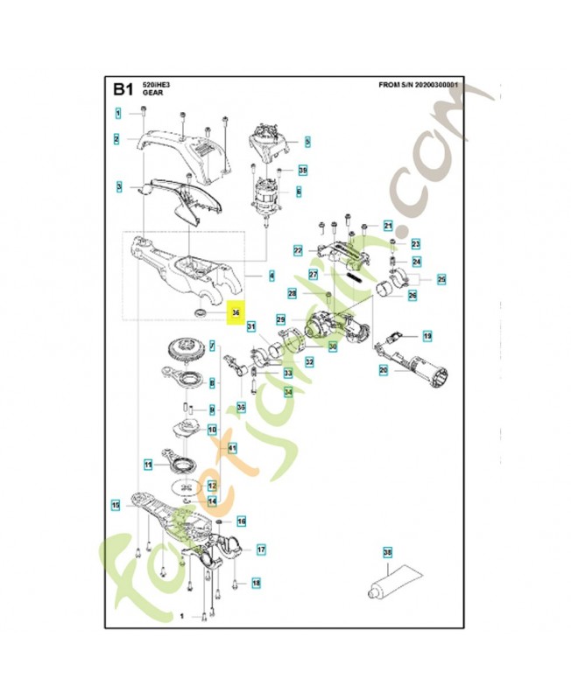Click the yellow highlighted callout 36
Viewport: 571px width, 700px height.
236,312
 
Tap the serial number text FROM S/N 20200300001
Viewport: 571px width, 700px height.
421,86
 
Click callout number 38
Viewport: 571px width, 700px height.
388,552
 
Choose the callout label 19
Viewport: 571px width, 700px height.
427,336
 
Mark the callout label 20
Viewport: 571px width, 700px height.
383,370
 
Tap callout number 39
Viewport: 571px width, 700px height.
303,170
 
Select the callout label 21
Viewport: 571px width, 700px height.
388,226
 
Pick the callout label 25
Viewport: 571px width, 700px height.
441,279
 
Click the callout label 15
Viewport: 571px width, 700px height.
116,504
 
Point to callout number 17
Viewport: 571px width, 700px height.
260,549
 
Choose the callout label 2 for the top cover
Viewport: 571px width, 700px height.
116,138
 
